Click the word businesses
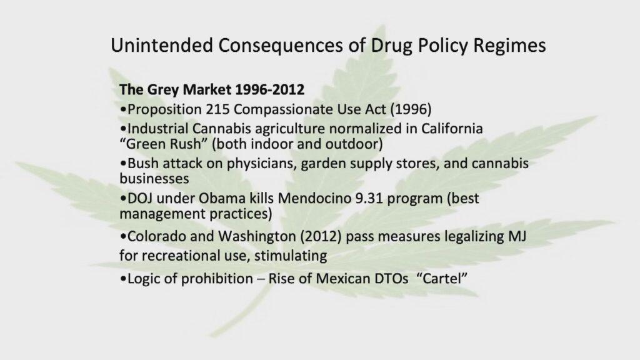pos(154,178)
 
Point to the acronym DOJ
pos(140,198)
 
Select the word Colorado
pos(157,236)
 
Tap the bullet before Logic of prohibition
pos(123,279)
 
